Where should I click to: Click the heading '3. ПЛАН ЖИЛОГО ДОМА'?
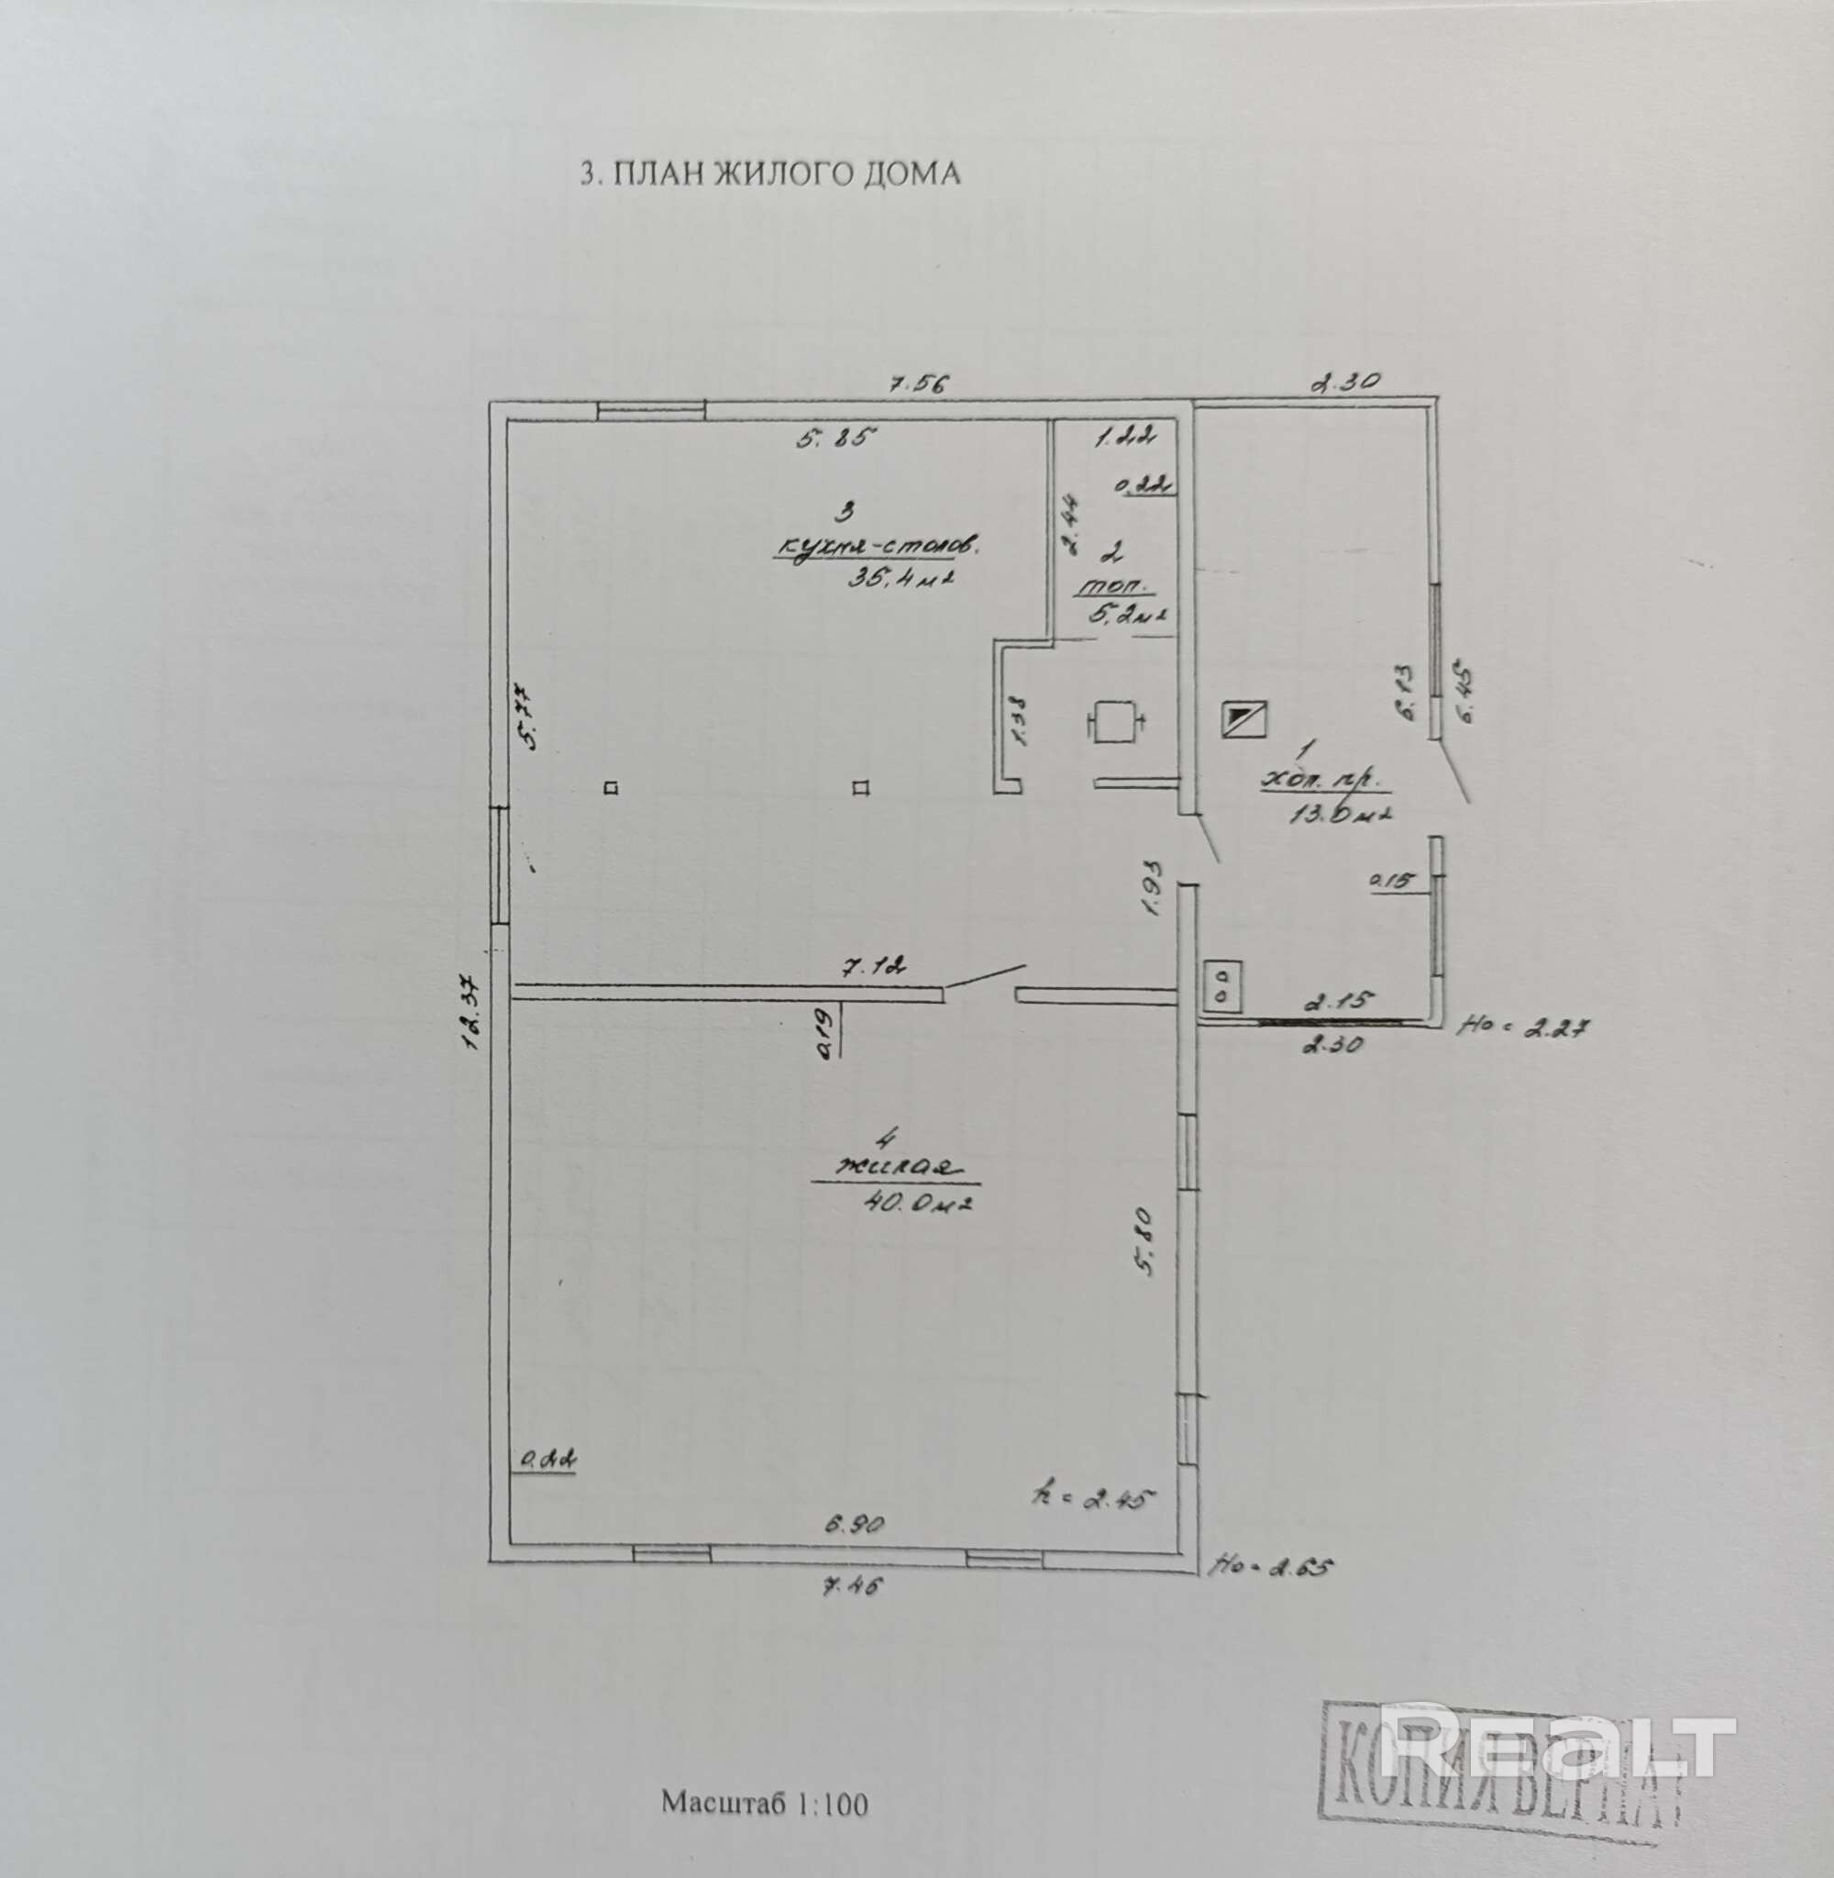tap(768, 173)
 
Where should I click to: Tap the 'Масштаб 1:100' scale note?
tap(764, 1802)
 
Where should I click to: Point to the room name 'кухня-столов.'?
tap(877, 547)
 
